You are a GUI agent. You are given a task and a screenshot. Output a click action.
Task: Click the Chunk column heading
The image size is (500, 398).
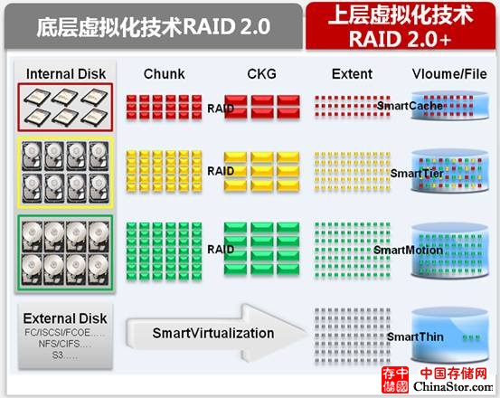[x=164, y=74]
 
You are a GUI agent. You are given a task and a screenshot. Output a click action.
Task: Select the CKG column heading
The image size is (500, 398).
[x=261, y=74]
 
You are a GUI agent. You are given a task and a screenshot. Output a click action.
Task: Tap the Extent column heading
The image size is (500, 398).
[x=352, y=74]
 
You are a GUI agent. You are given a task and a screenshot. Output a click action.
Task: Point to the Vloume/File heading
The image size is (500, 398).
[x=449, y=74]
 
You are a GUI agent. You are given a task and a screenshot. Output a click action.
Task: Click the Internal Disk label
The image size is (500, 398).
[x=66, y=74]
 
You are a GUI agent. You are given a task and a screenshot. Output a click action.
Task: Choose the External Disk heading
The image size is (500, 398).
[x=65, y=318]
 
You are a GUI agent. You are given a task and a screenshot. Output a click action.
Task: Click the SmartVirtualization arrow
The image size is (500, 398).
[x=217, y=333]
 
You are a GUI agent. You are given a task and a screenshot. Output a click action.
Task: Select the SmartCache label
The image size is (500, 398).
[x=410, y=106]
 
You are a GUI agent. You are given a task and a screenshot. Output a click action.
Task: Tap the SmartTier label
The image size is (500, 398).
[x=417, y=174]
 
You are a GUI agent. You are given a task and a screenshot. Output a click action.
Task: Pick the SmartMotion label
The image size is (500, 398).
[x=408, y=250]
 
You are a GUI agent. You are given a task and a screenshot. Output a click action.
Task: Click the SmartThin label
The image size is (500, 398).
[x=415, y=336]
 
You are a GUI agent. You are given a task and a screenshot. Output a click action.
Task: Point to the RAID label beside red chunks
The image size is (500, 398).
[x=221, y=109]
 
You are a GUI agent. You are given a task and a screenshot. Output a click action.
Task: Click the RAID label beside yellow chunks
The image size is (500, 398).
[x=221, y=171]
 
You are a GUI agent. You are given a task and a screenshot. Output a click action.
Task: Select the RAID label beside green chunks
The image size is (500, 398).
[x=221, y=249]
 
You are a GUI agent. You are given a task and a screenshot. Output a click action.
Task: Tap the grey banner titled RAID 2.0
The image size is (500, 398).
[x=153, y=26]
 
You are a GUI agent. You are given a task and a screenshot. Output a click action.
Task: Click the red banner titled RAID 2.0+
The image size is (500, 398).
[x=401, y=26]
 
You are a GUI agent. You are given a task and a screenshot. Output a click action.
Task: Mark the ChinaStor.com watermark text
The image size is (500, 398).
[x=454, y=386]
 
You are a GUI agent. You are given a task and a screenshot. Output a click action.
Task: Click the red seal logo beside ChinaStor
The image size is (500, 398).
[x=395, y=380]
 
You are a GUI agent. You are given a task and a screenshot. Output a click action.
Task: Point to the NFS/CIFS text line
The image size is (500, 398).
[x=65, y=344]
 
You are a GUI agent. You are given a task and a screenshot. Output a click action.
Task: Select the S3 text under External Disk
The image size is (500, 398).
[x=65, y=355]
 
